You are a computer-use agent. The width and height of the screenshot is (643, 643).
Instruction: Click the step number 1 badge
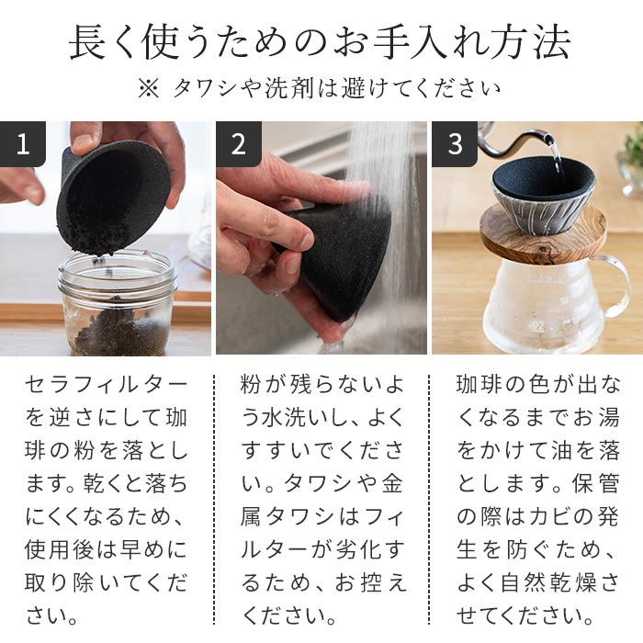click(23, 144)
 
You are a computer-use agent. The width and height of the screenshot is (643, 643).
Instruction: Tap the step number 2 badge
click(239, 144)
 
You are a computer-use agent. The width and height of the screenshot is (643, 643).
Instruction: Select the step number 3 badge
click(455, 144)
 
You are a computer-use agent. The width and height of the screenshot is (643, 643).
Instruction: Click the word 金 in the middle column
click(395, 484)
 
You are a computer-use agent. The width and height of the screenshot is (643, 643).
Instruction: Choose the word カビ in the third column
click(550, 517)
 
